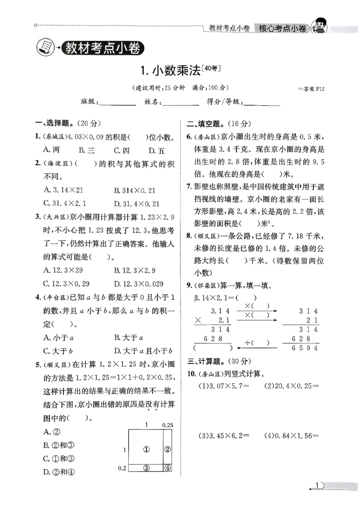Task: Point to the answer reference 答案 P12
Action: click(x=311, y=89)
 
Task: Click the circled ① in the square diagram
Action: click(x=146, y=449)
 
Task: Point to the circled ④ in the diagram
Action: click(x=167, y=468)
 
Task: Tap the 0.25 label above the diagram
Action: click(x=167, y=424)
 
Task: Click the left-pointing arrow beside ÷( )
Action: click(x=256, y=347)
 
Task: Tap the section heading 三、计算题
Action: click(x=205, y=361)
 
